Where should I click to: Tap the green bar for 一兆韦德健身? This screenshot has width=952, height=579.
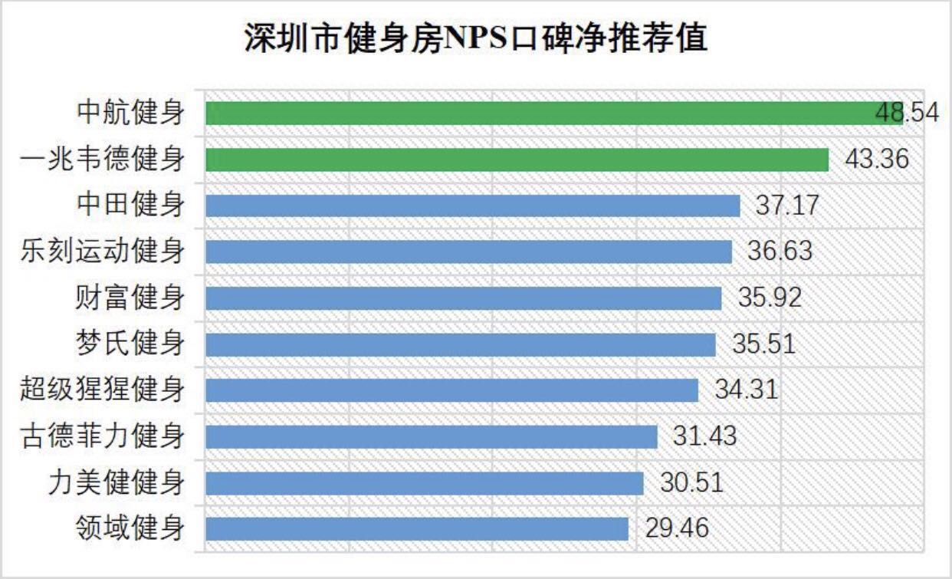tap(517, 160)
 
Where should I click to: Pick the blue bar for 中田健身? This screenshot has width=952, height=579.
tap(473, 206)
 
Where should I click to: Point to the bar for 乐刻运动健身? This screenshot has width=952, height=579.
tap(469, 252)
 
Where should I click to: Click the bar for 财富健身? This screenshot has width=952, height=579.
tap(464, 298)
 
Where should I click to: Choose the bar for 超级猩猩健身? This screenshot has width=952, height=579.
tap(452, 390)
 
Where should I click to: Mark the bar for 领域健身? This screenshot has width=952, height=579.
tap(417, 528)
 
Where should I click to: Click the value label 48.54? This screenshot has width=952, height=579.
tap(906, 113)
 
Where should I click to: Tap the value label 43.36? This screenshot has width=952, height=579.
tap(877, 160)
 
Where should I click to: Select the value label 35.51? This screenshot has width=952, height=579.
tap(763, 344)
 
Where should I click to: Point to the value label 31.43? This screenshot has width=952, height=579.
tap(704, 436)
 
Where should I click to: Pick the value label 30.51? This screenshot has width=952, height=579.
tap(691, 483)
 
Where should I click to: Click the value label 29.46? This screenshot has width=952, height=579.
tap(677, 528)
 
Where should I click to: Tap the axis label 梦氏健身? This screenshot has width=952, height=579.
tap(131, 344)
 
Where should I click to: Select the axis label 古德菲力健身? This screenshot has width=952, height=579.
tap(103, 436)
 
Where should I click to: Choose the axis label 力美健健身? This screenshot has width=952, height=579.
tap(117, 483)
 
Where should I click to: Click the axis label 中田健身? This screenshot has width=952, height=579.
tap(131, 206)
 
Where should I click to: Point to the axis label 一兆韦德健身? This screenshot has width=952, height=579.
tap(103, 160)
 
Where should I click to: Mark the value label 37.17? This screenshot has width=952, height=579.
tap(787, 206)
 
